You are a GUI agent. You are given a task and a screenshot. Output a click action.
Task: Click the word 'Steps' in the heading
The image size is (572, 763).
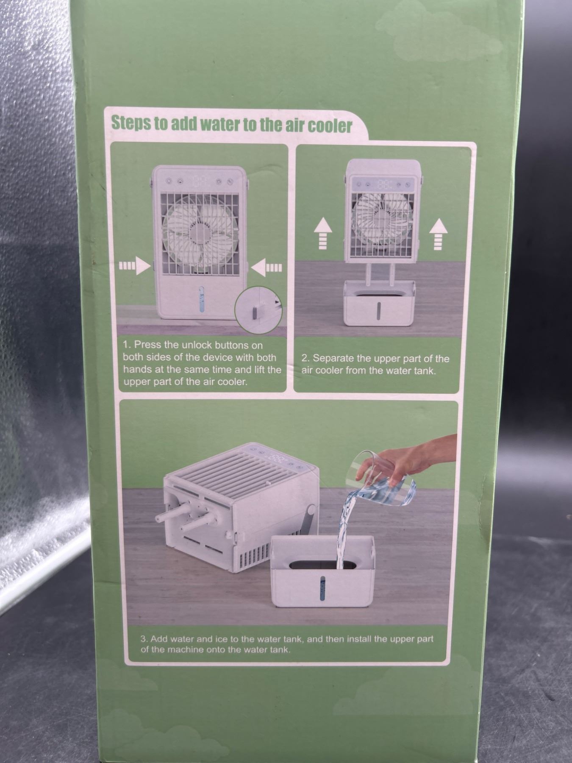[x=131, y=123]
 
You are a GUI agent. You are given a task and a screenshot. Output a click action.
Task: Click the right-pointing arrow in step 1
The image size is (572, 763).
[x=135, y=267]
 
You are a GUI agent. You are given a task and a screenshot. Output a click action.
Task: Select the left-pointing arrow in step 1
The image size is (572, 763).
[x=266, y=267]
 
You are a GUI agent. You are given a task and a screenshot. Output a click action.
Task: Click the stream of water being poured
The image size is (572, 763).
[x=344, y=530]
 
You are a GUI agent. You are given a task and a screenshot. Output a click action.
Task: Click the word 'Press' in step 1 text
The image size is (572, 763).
[x=147, y=345]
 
